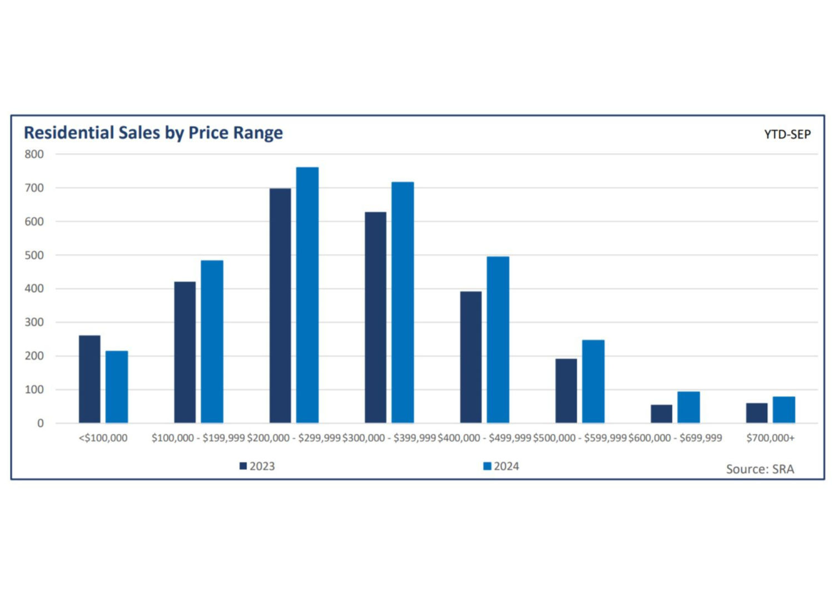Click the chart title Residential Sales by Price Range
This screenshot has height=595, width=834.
(x=153, y=133)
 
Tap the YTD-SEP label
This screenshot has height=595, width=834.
(x=787, y=134)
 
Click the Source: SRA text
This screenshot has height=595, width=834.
(x=759, y=469)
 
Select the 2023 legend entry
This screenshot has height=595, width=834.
(x=257, y=466)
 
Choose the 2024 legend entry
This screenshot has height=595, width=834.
(x=502, y=466)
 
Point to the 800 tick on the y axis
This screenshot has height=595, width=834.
(x=34, y=154)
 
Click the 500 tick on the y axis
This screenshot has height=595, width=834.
(x=34, y=255)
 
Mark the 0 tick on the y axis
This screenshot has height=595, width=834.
(x=40, y=423)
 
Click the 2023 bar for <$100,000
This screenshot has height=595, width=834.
(x=90, y=379)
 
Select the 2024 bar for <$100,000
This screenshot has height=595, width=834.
(x=117, y=387)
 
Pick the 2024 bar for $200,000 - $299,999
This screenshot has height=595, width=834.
(x=307, y=294)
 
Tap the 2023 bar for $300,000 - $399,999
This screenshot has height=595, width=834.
(x=375, y=317)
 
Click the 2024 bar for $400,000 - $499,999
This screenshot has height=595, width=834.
(x=498, y=339)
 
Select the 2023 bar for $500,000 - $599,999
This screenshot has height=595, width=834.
(x=566, y=391)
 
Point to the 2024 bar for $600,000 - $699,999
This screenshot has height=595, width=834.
(x=688, y=407)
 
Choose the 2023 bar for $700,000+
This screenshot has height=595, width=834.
(x=757, y=413)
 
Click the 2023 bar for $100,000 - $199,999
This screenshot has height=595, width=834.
(x=185, y=352)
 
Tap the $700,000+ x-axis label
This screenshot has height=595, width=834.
(x=770, y=438)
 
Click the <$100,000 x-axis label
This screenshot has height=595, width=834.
(x=103, y=438)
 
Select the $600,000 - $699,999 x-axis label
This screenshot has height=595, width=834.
(x=675, y=438)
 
